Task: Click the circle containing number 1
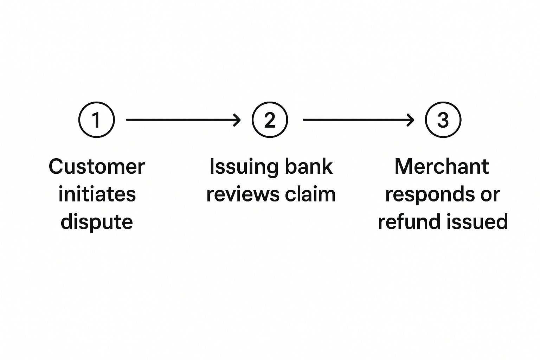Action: pyautogui.click(x=96, y=120)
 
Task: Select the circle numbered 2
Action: pyautogui.click(x=270, y=120)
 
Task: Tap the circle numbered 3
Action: pyautogui.click(x=443, y=120)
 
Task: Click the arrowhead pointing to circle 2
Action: pyautogui.click(x=237, y=120)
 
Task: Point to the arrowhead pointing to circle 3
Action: pyautogui.click(x=410, y=120)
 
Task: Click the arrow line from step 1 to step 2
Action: pyautogui.click(x=179, y=120)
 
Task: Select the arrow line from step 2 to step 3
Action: pyautogui.click(x=355, y=120)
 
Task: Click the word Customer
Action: pyautogui.click(x=97, y=166)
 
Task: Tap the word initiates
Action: pyautogui.click(x=97, y=194)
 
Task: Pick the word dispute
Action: pyautogui.click(x=97, y=222)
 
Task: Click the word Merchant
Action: pyautogui.click(x=442, y=166)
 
